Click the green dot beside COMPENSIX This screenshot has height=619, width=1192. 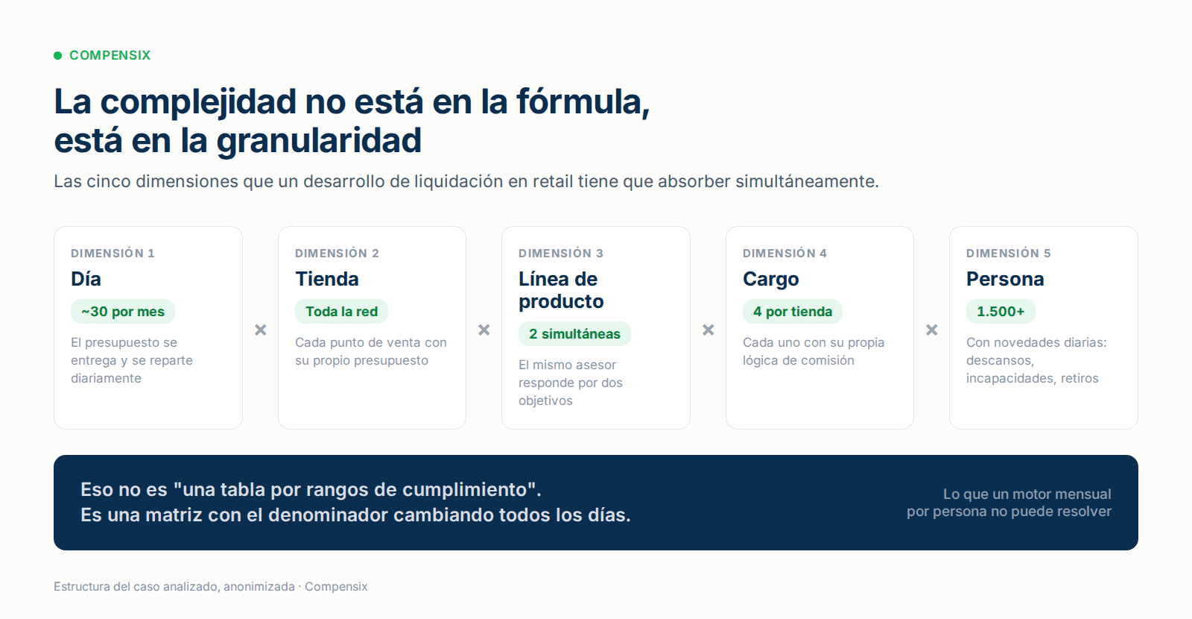(x=58, y=55)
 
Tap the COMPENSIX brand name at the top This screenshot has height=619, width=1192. (x=110, y=55)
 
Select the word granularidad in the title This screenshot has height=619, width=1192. (x=319, y=141)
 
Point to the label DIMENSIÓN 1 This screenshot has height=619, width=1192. (x=112, y=253)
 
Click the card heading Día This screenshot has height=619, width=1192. (x=86, y=279)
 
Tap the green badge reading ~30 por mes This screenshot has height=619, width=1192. (x=123, y=312)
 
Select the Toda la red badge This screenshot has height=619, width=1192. (x=342, y=312)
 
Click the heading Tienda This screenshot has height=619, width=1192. (x=327, y=279)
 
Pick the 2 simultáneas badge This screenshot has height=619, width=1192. (x=574, y=334)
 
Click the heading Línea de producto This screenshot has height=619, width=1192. (x=561, y=290)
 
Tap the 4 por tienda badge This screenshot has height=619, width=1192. (x=793, y=312)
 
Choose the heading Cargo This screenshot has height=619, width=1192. (x=770, y=279)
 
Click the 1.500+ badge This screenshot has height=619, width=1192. (x=1001, y=312)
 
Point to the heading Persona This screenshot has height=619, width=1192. (x=1005, y=279)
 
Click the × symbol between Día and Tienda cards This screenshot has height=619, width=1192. (x=261, y=330)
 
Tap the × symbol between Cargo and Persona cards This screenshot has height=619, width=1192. (x=932, y=330)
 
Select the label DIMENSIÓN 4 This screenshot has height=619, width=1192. (x=785, y=253)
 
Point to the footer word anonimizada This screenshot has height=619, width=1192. (x=259, y=586)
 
